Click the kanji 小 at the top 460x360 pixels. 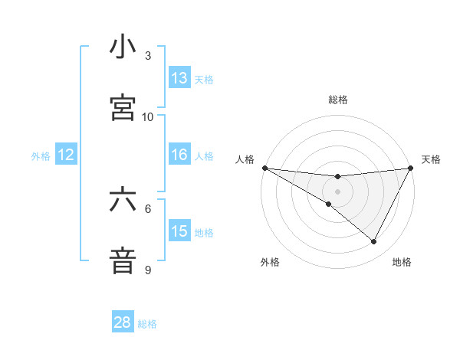(x=123, y=47)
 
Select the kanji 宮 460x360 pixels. (x=123, y=108)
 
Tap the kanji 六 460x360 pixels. (x=123, y=200)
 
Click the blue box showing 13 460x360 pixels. (x=179, y=77)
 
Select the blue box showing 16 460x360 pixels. (x=179, y=155)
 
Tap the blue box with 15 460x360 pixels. (x=179, y=231)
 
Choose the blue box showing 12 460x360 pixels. (x=66, y=155)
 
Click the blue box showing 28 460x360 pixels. (x=123, y=322)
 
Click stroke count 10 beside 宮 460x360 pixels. (x=148, y=116)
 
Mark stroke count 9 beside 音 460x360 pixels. (x=148, y=270)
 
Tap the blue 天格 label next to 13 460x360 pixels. (x=203, y=79)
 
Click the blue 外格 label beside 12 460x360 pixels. (x=41, y=155)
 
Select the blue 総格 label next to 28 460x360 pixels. (x=147, y=324)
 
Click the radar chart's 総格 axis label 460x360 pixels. (x=338, y=100)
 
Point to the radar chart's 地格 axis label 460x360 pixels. (x=402, y=262)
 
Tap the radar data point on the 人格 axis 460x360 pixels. (x=264, y=168)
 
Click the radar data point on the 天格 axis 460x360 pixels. (x=411, y=168)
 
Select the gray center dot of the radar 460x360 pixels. (x=338, y=191)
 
